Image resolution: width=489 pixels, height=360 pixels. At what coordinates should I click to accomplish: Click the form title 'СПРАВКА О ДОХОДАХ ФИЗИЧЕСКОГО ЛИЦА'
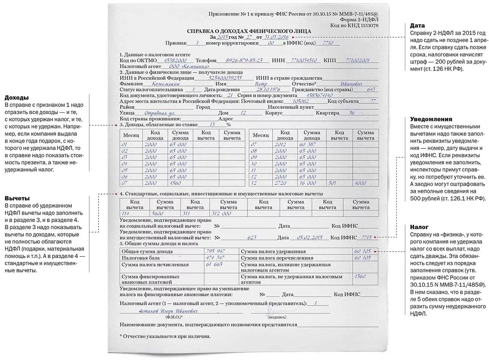(249, 31)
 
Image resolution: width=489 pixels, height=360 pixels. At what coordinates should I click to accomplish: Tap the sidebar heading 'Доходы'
(17, 98)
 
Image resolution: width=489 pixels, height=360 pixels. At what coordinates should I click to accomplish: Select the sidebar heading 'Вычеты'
(17, 198)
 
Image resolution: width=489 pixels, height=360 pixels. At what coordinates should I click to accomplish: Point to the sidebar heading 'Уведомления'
(431, 119)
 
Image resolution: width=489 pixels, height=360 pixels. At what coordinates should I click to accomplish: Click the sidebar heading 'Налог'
(419, 227)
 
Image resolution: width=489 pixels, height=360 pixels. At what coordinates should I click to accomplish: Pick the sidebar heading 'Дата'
(417, 26)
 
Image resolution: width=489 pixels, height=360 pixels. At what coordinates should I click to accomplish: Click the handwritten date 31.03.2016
(276, 37)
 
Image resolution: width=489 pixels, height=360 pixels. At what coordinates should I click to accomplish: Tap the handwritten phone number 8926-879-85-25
(244, 60)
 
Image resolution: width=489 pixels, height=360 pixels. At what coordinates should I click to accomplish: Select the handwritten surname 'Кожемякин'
(166, 84)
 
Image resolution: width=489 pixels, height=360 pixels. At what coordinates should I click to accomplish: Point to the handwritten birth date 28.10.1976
(268, 90)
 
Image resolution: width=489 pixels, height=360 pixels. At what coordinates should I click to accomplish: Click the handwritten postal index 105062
(301, 101)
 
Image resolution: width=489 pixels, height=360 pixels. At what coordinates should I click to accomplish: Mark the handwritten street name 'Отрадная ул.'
(161, 113)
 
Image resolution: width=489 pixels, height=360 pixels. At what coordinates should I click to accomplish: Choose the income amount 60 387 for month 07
(308, 144)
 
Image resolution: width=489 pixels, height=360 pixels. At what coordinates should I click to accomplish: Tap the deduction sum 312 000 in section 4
(221, 213)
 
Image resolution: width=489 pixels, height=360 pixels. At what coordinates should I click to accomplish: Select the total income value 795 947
(216, 251)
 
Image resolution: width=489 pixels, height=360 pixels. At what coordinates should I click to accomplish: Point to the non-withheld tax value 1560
(360, 276)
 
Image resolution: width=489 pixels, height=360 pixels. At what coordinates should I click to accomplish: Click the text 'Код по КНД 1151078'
(354, 25)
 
